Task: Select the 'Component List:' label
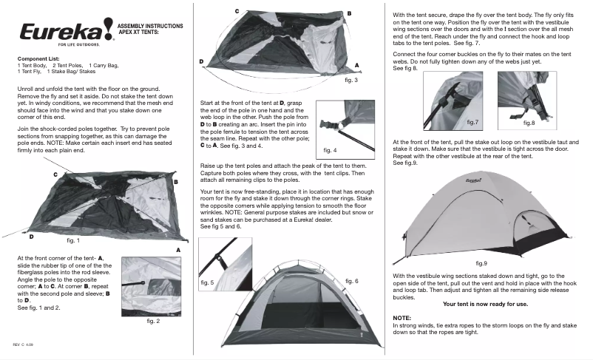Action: pos(38,58)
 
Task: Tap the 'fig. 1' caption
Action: pos(73,240)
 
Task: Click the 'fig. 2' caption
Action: pos(155,321)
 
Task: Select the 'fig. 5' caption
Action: pos(208,282)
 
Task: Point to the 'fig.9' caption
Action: pos(481,263)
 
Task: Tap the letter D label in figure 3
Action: pos(201,61)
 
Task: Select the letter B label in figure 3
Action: pos(348,13)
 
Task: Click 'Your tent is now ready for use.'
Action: pos(486,304)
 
